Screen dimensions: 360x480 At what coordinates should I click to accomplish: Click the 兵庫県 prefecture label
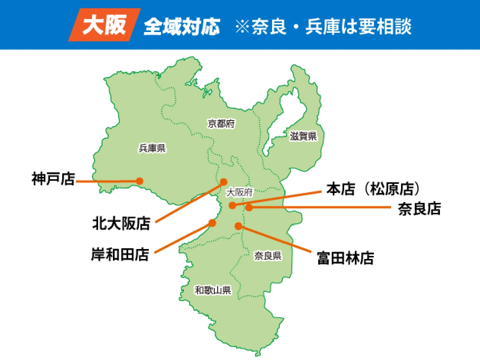152,148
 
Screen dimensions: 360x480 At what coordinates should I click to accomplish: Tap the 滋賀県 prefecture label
303,136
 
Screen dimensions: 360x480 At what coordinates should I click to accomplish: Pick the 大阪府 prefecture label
239,193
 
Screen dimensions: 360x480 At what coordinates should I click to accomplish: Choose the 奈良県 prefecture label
268,256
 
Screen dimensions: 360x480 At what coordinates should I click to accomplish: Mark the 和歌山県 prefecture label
213,291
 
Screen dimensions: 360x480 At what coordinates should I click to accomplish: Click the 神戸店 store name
53,179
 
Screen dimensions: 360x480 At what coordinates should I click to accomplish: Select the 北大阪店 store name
121,223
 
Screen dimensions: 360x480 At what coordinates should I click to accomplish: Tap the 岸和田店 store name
120,254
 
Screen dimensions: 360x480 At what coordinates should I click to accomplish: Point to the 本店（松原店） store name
375,189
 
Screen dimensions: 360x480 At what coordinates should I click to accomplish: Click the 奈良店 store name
419,209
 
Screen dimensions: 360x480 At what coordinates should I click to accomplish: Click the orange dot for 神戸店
140,181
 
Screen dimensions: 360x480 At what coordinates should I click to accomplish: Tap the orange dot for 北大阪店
224,182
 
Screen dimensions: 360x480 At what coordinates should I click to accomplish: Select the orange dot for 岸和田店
213,223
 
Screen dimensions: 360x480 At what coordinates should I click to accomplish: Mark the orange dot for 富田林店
238,226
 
